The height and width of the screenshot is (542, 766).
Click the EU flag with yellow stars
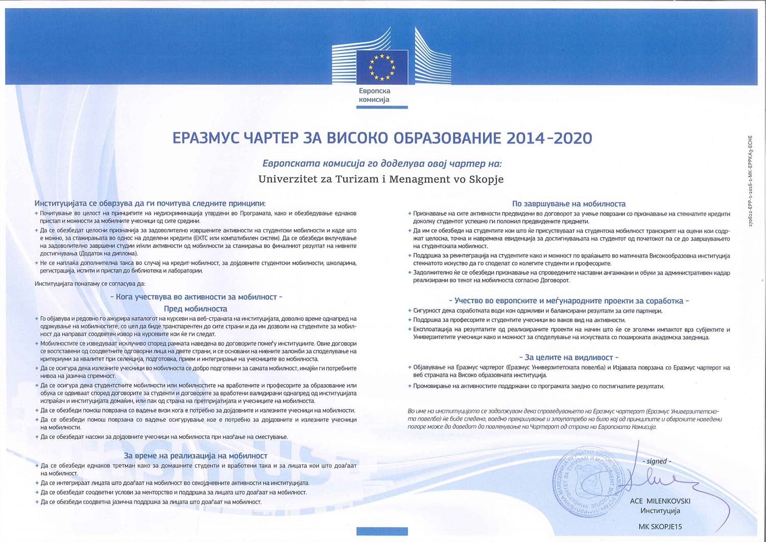click(x=382, y=67)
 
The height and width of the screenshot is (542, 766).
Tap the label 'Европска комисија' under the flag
click(x=374, y=95)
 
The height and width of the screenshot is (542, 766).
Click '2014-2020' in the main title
click(x=549, y=138)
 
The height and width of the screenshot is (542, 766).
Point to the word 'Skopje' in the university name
click(x=486, y=179)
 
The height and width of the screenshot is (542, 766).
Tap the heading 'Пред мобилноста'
click(x=196, y=309)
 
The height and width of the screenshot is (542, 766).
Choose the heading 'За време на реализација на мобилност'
click(x=196, y=456)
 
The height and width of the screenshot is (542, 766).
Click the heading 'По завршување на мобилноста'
click(x=568, y=204)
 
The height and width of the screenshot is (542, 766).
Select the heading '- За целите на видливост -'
click(x=568, y=358)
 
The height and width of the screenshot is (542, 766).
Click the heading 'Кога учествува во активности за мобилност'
click(x=196, y=297)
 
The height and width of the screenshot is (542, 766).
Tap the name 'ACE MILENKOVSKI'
click(x=660, y=501)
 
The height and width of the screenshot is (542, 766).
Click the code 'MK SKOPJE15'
click(x=660, y=526)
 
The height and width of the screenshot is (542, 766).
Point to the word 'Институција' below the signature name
click(x=660, y=510)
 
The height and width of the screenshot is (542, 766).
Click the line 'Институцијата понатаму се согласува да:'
click(x=90, y=284)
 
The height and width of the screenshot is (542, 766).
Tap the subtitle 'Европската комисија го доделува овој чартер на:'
click(x=382, y=164)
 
